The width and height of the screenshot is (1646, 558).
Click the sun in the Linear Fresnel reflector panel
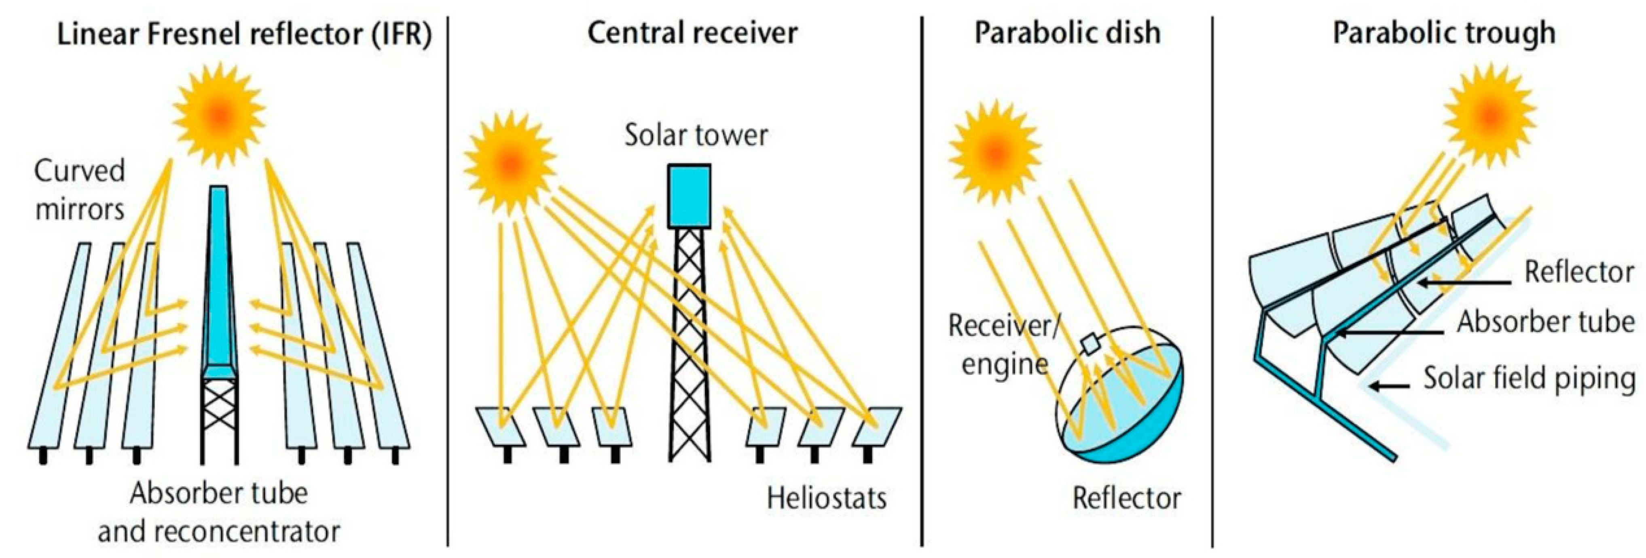pos(219,115)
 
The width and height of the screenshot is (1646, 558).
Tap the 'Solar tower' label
pos(696,135)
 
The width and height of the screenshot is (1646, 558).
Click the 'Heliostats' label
pos(826,498)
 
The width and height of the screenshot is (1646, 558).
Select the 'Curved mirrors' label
pos(79,190)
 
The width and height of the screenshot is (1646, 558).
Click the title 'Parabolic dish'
pos(1067,33)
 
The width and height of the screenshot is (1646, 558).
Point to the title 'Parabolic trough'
pos(1443,33)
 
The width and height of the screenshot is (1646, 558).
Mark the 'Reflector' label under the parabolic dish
pos(1126,498)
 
